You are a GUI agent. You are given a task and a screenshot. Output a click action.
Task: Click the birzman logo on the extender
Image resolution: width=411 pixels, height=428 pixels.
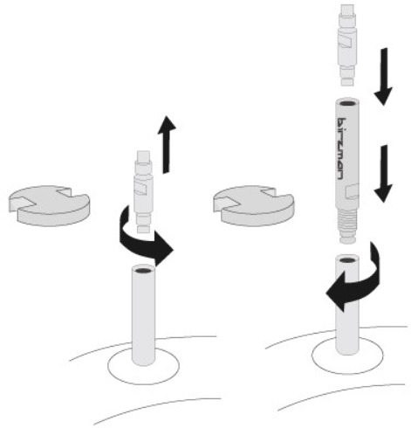341,148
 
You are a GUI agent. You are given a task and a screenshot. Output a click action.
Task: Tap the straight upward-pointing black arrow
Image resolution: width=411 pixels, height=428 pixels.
167,144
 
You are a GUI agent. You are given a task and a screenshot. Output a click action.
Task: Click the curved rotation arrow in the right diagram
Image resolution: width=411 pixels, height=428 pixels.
355,280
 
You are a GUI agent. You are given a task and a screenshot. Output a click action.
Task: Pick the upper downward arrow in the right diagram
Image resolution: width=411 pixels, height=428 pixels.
384,77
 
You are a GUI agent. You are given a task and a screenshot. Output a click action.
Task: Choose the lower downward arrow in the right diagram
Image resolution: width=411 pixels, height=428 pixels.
384,174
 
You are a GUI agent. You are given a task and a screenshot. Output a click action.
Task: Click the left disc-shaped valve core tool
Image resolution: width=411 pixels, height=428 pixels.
49,205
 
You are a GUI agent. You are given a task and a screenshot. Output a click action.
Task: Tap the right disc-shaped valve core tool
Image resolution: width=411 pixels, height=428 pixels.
254,205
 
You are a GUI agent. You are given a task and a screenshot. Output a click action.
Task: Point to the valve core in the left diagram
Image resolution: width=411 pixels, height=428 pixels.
143,191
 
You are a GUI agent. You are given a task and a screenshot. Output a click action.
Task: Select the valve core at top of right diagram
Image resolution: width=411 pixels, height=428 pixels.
347,45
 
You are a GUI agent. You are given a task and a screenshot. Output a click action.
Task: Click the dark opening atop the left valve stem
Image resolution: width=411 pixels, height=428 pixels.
143,270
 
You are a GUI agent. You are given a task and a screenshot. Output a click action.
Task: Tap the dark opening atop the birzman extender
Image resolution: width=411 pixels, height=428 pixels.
347,103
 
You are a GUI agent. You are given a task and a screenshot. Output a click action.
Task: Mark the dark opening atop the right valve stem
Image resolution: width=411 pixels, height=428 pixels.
347,259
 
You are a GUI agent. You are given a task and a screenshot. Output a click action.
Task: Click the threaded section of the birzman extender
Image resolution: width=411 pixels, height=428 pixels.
347,224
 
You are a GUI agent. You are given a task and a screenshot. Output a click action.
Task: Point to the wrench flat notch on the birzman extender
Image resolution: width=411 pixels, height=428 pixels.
352,191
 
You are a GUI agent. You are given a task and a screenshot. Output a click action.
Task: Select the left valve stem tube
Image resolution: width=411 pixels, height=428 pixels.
143,316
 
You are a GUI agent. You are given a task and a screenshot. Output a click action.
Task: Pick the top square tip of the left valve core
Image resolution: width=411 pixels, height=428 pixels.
143,156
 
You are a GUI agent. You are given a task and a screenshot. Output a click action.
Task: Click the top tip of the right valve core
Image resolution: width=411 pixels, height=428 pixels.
347,10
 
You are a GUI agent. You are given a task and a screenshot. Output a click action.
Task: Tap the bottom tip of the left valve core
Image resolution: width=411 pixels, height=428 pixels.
144,229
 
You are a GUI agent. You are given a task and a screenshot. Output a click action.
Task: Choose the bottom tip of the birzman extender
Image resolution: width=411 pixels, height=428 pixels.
347,240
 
